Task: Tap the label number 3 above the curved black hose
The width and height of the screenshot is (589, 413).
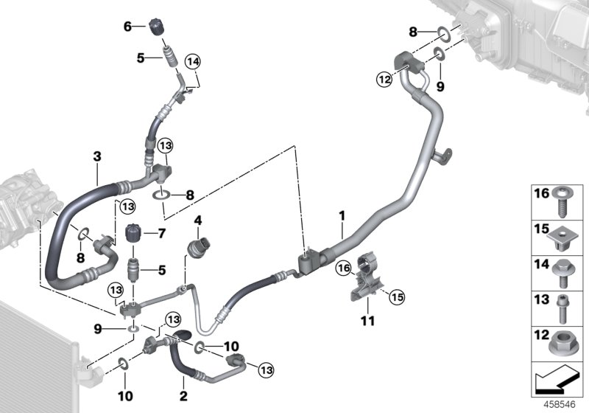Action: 96,156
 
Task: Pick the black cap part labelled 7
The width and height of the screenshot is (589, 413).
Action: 134,235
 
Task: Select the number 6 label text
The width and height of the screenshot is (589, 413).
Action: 127,26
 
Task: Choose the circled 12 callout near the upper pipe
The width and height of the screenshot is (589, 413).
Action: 383,80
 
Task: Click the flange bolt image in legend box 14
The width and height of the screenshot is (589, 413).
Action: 563,271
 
